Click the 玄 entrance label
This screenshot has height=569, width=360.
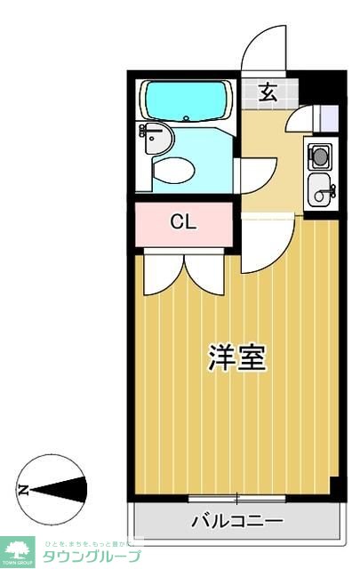(268, 90)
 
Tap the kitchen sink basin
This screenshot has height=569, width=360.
(319, 188)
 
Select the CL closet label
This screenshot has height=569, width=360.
(183, 222)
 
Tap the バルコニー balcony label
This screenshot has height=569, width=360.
(236, 521)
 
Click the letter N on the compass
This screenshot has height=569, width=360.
(24, 489)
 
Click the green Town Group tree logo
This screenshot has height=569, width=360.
(17, 549)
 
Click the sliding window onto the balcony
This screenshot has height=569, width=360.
(236, 498)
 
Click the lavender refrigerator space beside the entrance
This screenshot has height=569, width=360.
(327, 119)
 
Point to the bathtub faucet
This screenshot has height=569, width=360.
(182, 116)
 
